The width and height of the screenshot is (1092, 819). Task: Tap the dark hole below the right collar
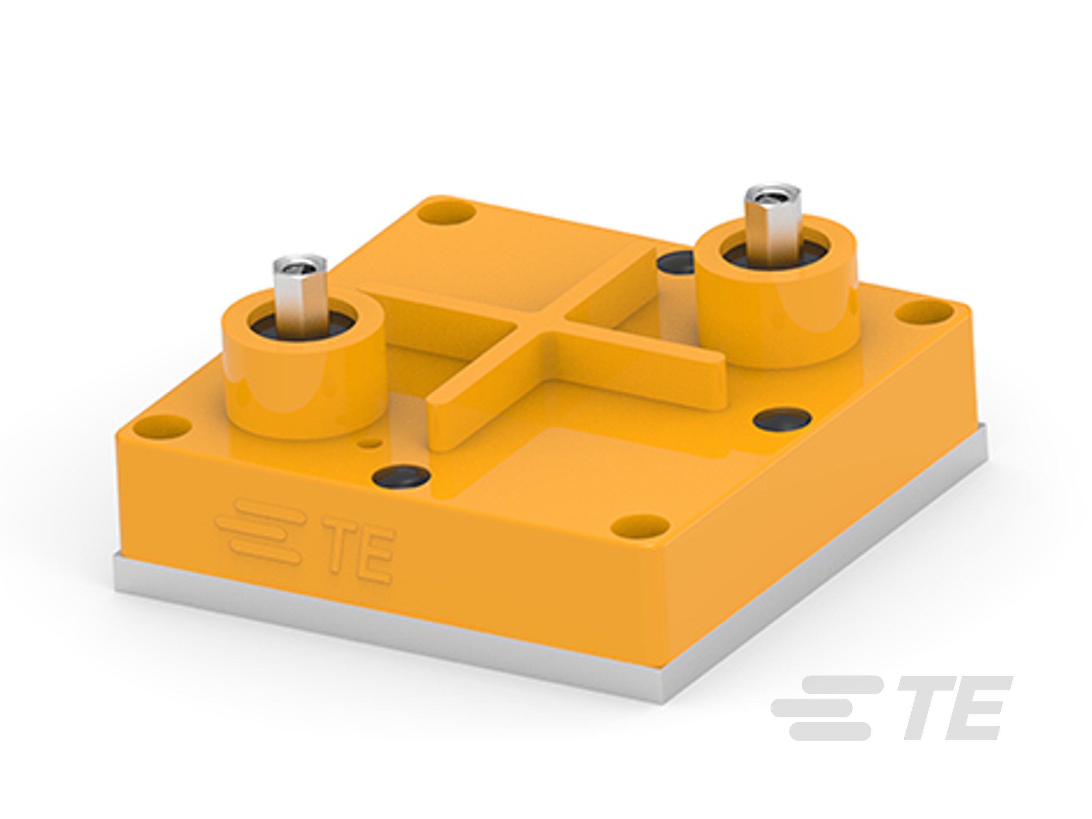(782, 419)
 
